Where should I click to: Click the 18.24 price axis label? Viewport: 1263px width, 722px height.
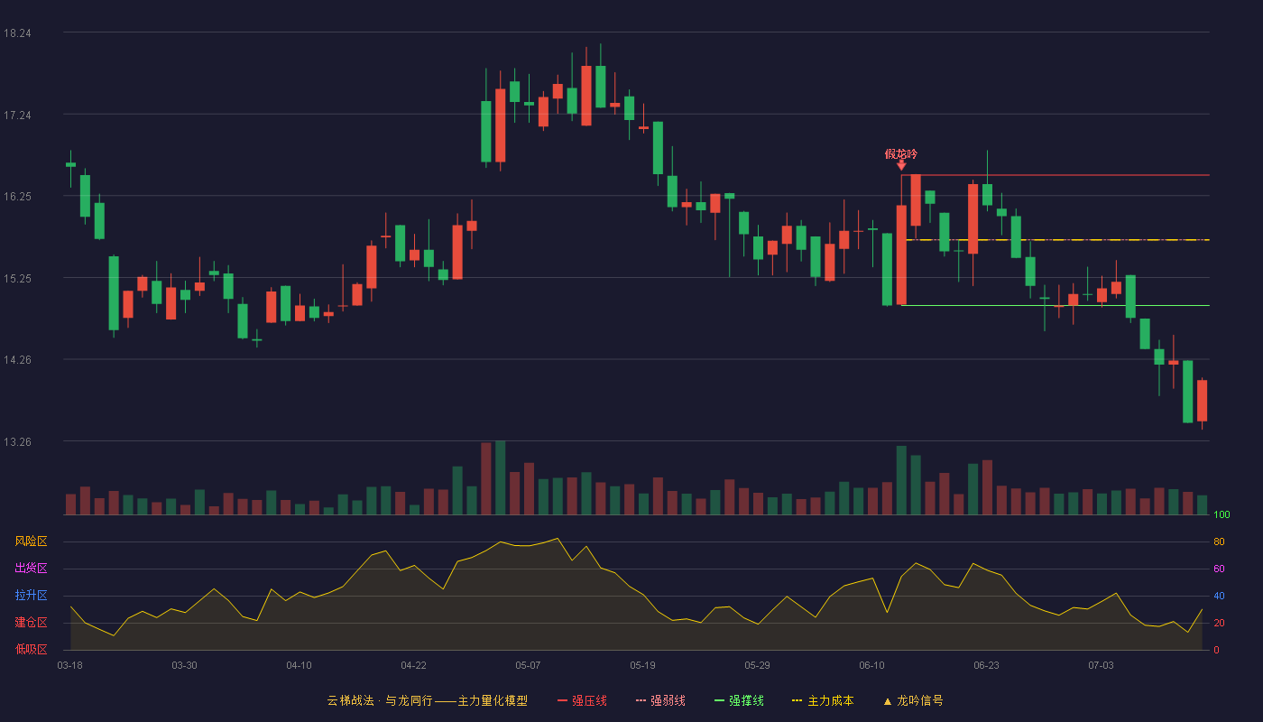pos(17,33)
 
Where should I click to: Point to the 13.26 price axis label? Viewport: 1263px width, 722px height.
pos(17,441)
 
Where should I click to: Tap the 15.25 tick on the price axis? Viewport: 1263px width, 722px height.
pos(17,279)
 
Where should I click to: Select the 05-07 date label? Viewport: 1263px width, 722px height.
pos(528,666)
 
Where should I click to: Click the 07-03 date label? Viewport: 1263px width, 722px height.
pos(1101,666)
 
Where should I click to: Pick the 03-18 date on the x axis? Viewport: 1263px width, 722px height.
pos(70,666)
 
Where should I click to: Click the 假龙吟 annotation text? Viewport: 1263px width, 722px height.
pos(901,154)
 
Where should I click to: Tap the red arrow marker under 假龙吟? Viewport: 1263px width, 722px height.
pos(901,165)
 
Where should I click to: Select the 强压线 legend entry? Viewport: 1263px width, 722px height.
pos(583,700)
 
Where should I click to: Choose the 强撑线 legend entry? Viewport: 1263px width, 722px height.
pos(739,700)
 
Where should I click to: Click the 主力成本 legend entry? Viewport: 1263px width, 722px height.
pos(823,700)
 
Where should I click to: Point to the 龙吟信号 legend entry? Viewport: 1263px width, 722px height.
pos(913,700)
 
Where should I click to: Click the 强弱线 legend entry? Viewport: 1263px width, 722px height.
pos(660,700)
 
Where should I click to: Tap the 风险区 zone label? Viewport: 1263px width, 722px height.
pos(31,541)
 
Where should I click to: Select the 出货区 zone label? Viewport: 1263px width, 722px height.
pos(31,568)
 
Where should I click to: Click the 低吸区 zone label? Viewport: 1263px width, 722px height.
pos(31,649)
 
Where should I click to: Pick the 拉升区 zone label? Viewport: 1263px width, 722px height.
pos(31,595)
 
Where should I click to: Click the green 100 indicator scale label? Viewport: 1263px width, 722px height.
pos(1222,514)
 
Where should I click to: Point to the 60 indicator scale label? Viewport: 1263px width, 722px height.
pos(1219,569)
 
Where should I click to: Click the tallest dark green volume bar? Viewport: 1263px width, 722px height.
pos(500,477)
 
